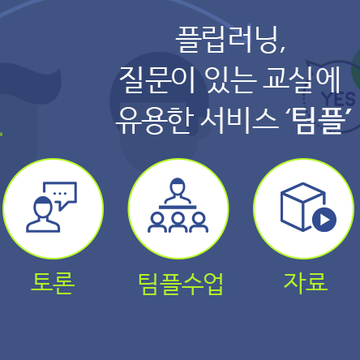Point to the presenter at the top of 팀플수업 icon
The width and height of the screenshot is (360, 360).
[178, 193]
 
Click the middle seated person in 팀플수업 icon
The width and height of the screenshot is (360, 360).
[178, 222]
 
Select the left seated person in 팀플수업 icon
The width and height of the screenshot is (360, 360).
[156, 222]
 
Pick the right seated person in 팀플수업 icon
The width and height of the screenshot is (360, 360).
[199, 222]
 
